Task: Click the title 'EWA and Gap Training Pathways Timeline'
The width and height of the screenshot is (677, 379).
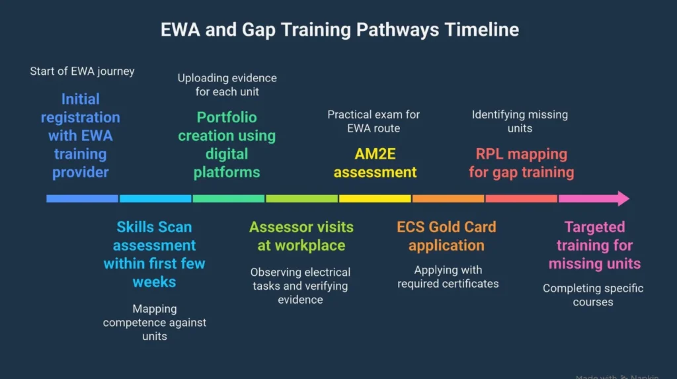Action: (x=339, y=30)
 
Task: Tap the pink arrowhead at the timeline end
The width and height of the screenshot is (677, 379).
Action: (x=621, y=198)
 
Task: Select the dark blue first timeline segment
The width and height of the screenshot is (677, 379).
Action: (x=82, y=198)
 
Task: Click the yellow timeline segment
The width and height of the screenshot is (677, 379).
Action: (x=375, y=198)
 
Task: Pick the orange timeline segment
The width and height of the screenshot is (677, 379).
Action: (x=448, y=198)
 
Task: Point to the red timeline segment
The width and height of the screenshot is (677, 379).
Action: (x=521, y=198)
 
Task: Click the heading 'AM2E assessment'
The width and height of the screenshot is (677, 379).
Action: (x=375, y=163)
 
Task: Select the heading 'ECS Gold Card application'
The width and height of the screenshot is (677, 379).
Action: (x=446, y=236)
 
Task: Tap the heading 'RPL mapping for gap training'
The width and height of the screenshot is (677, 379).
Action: (x=521, y=163)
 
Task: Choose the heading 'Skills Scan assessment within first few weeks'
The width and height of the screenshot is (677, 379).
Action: (x=154, y=255)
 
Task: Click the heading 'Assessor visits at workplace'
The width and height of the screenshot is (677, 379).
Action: (x=301, y=236)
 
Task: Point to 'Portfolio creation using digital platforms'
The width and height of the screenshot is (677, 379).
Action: (x=227, y=145)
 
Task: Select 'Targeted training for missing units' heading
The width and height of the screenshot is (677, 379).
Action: (x=594, y=245)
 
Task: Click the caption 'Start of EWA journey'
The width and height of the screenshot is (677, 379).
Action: (x=82, y=71)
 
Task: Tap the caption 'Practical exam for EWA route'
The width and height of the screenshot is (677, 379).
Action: (x=374, y=121)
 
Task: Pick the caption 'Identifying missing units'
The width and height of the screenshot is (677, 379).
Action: (x=520, y=121)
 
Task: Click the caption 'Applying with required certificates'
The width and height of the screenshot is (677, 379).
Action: (x=448, y=276)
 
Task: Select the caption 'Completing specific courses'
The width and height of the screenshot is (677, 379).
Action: (x=593, y=295)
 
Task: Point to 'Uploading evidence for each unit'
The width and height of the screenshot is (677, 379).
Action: (x=227, y=85)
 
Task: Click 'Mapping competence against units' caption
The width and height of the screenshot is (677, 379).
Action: (x=154, y=322)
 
